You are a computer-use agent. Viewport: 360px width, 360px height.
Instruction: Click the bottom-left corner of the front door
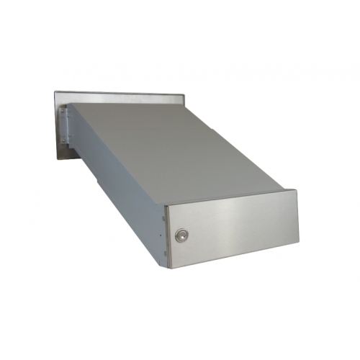pos(169,268)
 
